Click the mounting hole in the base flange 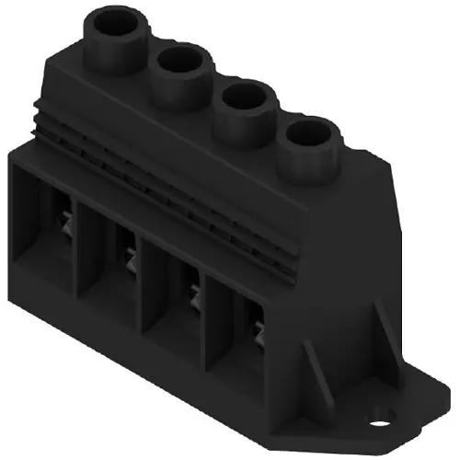pos(378,424)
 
